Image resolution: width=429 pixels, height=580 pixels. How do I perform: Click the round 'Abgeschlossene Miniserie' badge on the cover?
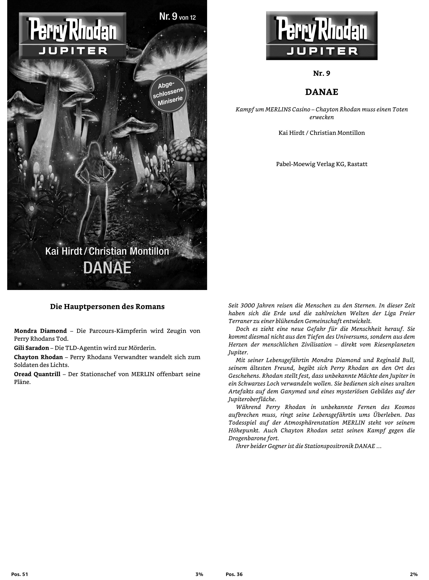pyautogui.click(x=168, y=93)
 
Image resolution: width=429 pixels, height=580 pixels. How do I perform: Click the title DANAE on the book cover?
pyautogui.click(x=107, y=268)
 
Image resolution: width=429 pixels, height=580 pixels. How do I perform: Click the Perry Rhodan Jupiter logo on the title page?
pyautogui.click(x=322, y=36)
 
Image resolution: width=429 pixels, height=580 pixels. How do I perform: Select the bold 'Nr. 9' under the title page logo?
pyautogui.click(x=322, y=73)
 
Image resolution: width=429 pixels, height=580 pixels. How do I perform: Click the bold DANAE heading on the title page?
pyautogui.click(x=322, y=92)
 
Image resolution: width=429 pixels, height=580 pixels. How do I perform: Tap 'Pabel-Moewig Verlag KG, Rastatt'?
pyautogui.click(x=322, y=164)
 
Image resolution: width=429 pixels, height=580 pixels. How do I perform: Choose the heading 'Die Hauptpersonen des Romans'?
pyautogui.click(x=107, y=307)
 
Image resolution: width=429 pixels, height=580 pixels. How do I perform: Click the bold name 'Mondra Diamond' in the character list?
pyautogui.click(x=40, y=331)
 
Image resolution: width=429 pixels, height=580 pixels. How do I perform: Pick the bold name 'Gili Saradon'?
pyautogui.click(x=31, y=348)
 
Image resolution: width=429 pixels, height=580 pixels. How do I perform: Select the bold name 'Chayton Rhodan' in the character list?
pyautogui.click(x=38, y=357)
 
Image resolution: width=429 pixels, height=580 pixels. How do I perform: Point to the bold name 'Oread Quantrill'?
pyautogui.click(x=37, y=374)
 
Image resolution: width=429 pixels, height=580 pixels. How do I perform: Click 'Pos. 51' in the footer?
pyautogui.click(x=19, y=574)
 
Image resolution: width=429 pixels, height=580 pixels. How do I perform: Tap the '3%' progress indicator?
pyautogui.click(x=199, y=574)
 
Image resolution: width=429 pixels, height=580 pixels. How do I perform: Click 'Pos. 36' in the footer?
pyautogui.click(x=234, y=574)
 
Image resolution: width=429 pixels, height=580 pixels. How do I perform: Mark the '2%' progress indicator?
pyautogui.click(x=414, y=574)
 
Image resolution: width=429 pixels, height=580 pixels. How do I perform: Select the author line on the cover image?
pyautogui.click(x=107, y=251)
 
